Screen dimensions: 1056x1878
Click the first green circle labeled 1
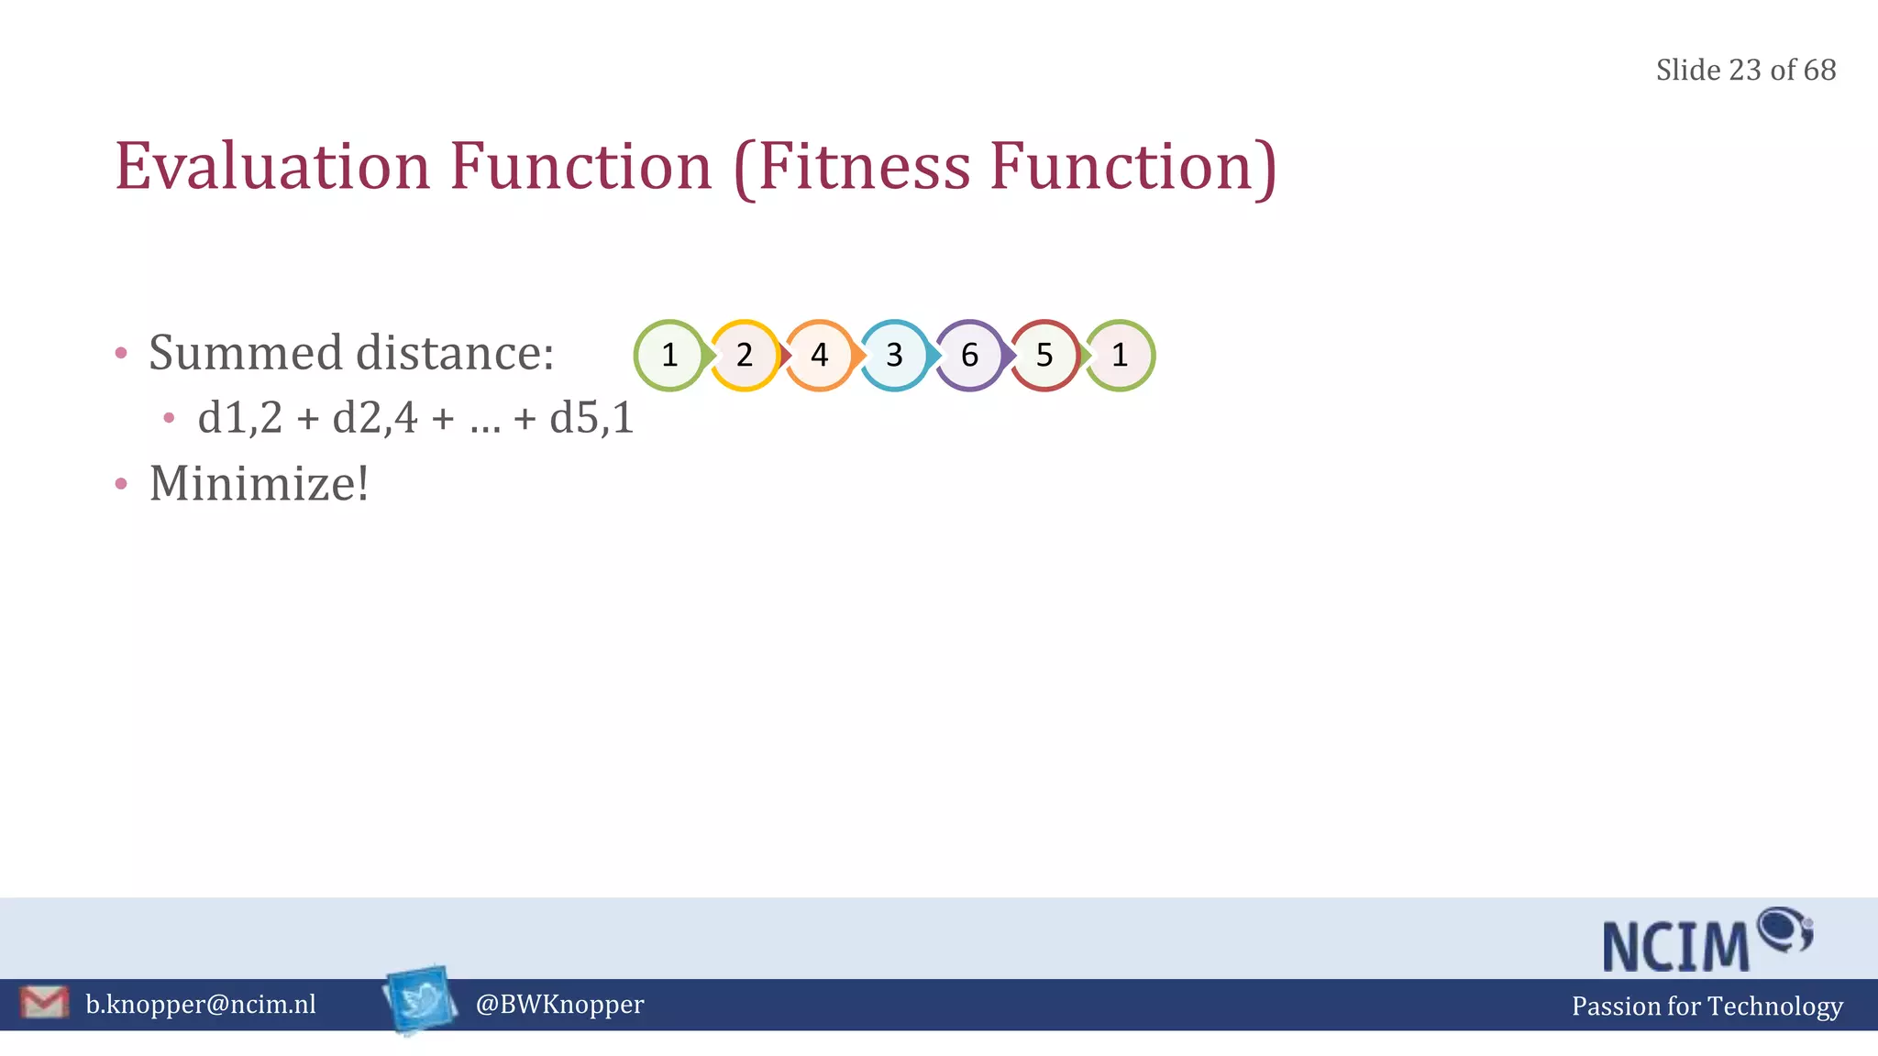click(669, 355)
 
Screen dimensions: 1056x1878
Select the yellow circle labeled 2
click(745, 355)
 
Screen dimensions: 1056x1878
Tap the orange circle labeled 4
click(820, 355)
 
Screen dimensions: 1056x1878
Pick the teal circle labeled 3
click(895, 355)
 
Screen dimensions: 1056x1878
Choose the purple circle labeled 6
click(969, 355)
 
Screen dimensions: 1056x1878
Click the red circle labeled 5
click(1044, 355)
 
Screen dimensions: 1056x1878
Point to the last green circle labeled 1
click(1120, 355)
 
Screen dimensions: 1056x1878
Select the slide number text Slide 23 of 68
click(1745, 70)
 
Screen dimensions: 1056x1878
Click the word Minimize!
click(259, 483)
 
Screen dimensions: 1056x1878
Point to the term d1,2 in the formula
click(240, 418)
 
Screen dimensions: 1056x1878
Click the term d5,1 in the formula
click(591, 418)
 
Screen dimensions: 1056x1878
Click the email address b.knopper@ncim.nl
click(201, 1005)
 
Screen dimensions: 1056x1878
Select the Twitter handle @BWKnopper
click(559, 1005)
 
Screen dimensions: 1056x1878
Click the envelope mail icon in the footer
click(44, 1003)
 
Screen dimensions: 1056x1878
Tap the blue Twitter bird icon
click(421, 999)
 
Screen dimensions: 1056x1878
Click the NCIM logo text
click(1676, 946)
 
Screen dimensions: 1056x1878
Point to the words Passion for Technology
click(1707, 1006)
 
